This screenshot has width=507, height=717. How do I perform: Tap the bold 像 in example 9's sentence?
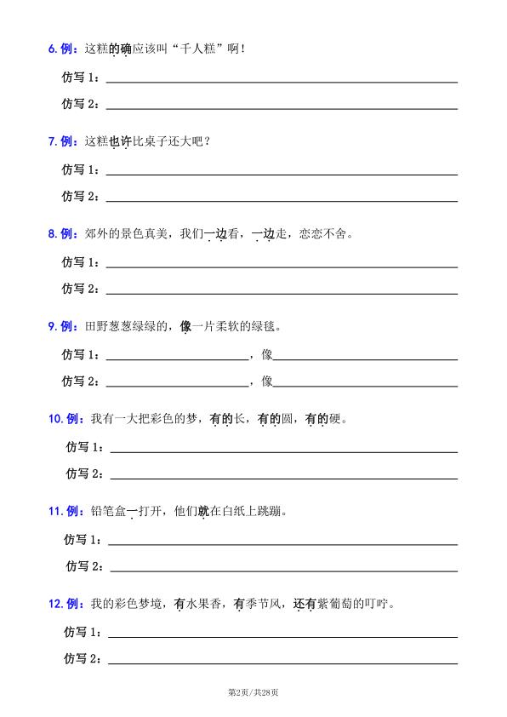point(185,326)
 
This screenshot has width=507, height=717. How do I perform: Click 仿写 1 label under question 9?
point(80,354)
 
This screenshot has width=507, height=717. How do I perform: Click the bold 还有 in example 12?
point(305,604)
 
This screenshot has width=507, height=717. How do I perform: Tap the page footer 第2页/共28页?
point(253,691)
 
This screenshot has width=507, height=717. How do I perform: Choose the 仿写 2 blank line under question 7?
point(281,201)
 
